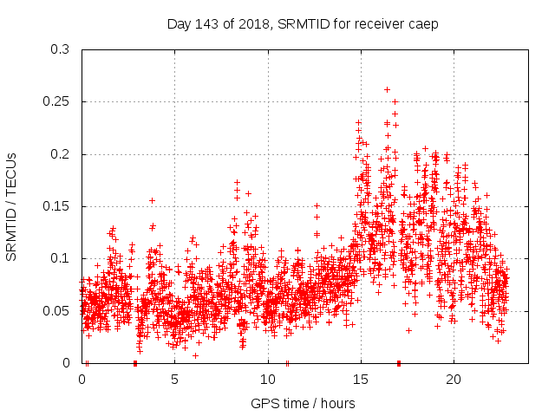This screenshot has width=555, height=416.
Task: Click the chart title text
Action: [303, 23]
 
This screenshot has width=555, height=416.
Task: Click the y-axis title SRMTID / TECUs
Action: [11, 206]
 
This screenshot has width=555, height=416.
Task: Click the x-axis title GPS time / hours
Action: [303, 403]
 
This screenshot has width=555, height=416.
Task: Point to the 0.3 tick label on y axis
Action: [60, 49]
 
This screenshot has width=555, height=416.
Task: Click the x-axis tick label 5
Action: [175, 379]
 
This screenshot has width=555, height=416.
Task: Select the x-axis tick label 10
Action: [268, 379]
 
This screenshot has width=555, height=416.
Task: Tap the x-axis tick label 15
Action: [361, 379]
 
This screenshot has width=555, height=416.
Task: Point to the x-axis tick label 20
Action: [454, 379]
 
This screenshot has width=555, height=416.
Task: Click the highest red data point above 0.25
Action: [387, 89]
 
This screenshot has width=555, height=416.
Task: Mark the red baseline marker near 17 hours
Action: [399, 363]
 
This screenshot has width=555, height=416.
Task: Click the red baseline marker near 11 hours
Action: [287, 363]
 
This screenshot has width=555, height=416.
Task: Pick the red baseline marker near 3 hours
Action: [135, 363]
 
